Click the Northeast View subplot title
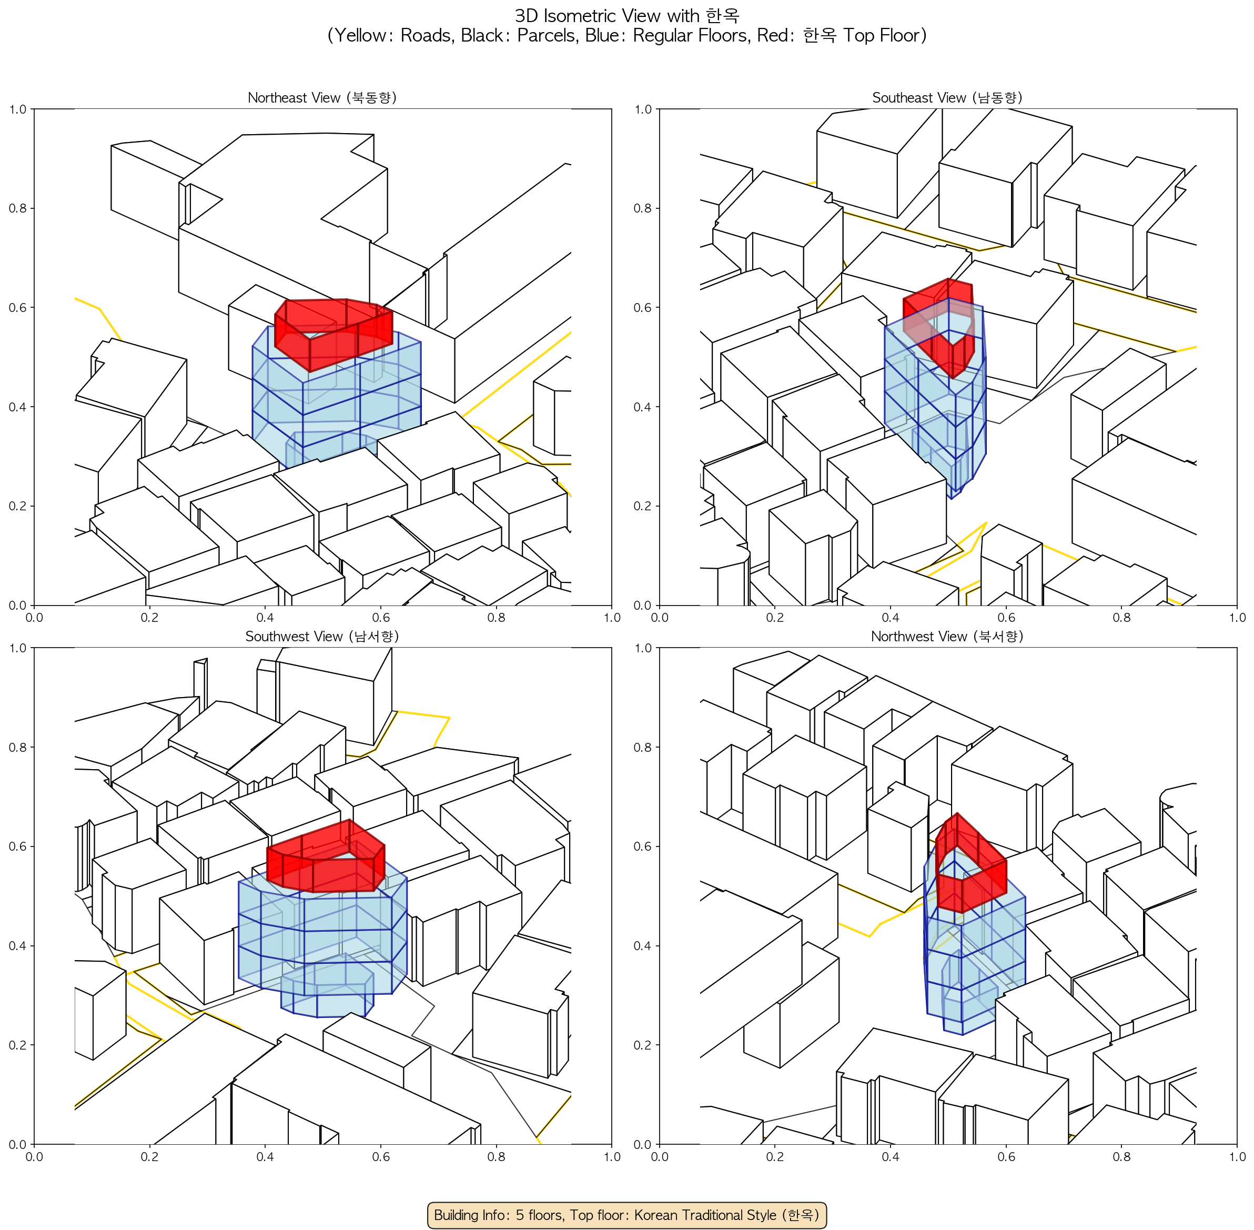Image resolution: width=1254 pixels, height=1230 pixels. (x=322, y=97)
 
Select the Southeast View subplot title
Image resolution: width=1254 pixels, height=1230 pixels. (x=947, y=97)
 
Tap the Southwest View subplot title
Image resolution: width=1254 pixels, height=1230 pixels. (x=322, y=637)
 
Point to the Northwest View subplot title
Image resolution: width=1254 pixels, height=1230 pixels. (x=947, y=637)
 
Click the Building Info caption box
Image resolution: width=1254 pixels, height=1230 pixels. (x=626, y=1215)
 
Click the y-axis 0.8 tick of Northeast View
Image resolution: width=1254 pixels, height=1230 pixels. (x=17, y=208)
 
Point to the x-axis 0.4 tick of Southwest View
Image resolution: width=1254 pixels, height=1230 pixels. (x=265, y=1156)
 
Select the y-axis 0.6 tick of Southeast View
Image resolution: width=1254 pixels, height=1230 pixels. (x=643, y=307)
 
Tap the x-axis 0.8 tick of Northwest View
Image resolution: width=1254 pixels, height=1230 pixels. (x=1121, y=1156)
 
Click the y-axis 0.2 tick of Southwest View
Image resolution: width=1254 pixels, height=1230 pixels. (x=17, y=1045)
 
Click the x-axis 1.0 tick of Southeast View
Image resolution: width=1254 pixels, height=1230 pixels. (x=1237, y=617)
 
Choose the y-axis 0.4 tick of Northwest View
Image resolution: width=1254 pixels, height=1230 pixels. (x=643, y=946)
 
